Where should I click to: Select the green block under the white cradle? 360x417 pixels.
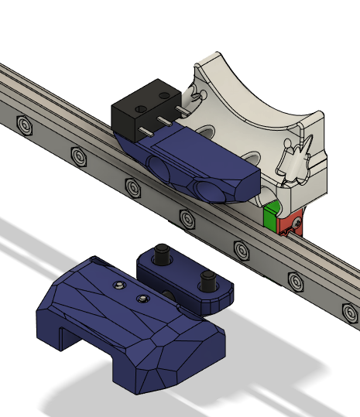[x=270, y=217]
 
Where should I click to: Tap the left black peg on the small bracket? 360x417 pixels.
[x=163, y=253]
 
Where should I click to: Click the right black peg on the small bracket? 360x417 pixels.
[x=207, y=276]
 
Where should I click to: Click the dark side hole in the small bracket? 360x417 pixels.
[x=170, y=293]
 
